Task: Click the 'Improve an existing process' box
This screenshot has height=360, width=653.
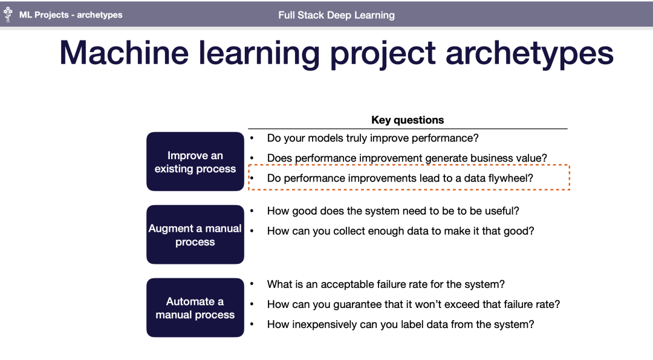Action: pos(195,162)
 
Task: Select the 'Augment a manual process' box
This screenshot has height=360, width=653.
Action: pos(195,235)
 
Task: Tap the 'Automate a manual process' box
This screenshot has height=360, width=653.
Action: pos(195,307)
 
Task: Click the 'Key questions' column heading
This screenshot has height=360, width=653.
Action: pos(408,120)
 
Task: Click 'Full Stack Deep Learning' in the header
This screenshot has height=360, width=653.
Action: pos(336,15)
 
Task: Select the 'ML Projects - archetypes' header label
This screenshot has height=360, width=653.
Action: pos(71,15)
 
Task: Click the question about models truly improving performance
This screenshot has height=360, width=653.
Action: pos(372,138)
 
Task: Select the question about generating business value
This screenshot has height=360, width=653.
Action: pos(407,158)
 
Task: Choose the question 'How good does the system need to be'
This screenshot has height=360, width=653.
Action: pos(393,211)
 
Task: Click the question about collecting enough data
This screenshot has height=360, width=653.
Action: pos(400,231)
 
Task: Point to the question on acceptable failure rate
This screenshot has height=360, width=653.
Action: pos(386,284)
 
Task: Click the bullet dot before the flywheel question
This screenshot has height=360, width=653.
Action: pos(252,178)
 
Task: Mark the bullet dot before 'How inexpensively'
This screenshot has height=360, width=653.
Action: pos(252,324)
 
